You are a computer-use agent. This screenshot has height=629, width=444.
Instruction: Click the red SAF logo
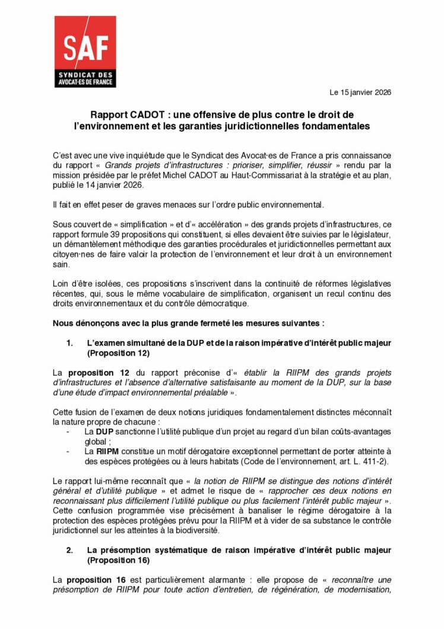point(85,52)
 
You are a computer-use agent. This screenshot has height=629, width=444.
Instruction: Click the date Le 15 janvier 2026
point(360,92)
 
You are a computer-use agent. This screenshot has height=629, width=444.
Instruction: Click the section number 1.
point(69,343)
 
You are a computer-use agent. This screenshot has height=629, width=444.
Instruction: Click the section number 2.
point(69,551)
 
